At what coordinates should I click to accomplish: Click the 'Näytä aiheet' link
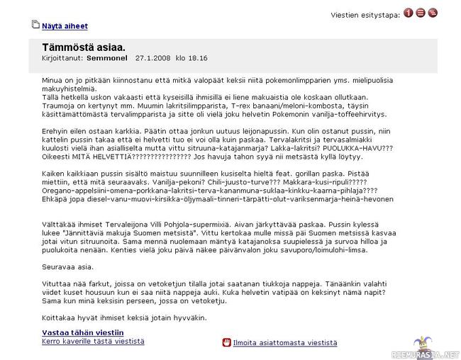pyautogui.click(x=65, y=26)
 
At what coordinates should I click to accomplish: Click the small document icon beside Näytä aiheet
pyautogui.click(x=35, y=26)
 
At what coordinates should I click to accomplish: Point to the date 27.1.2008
pyautogui.click(x=150, y=58)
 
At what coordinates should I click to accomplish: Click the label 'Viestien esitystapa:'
pyautogui.click(x=365, y=13)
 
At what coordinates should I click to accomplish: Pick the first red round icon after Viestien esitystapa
pyautogui.click(x=409, y=13)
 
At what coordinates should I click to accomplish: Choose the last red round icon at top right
pyautogui.click(x=433, y=13)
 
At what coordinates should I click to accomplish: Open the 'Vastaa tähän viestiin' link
pyautogui.click(x=82, y=332)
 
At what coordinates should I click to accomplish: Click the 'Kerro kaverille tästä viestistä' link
pyautogui.click(x=93, y=341)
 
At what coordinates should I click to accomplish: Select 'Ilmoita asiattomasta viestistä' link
pyautogui.click(x=286, y=342)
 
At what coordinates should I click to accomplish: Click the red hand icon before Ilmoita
pyautogui.click(x=227, y=342)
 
